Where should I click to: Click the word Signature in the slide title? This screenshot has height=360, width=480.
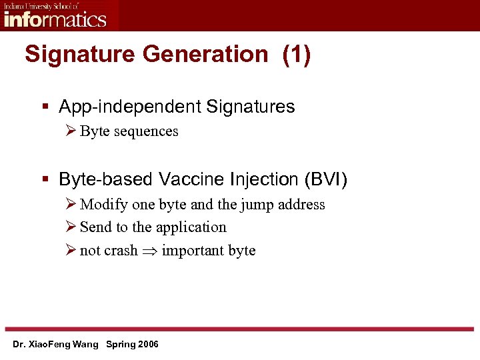(72, 55)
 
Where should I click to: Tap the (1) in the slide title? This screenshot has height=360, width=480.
(296, 55)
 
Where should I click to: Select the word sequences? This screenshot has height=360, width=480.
(147, 131)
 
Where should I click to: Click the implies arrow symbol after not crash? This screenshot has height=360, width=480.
(149, 251)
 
